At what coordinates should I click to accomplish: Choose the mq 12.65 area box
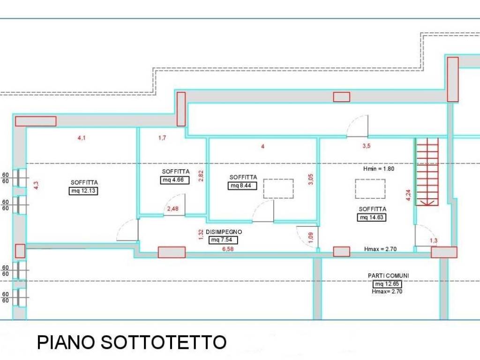[x=387, y=284]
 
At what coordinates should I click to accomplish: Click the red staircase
[x=427, y=172]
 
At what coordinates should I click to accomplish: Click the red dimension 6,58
[x=228, y=249]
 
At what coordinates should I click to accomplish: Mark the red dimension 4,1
[x=82, y=138]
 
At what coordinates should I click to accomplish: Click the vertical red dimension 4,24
[x=408, y=195]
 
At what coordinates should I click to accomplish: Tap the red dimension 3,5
[x=366, y=146]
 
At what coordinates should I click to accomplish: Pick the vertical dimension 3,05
[x=311, y=179]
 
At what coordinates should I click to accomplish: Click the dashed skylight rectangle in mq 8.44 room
[x=278, y=188]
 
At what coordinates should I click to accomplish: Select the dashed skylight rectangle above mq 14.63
[x=370, y=189]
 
